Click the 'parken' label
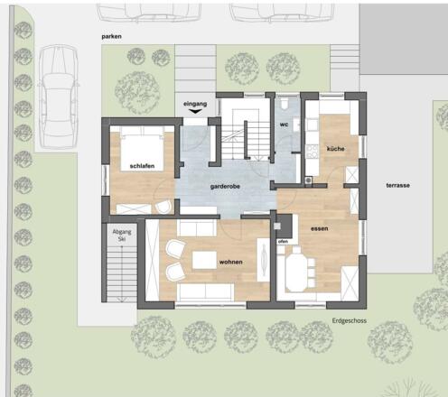[x=111, y=37]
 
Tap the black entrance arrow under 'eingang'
[x=195, y=111]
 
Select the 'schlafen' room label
[x=142, y=166]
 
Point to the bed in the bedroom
[x=142, y=149]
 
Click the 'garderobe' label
[x=225, y=187]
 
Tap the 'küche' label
[x=336, y=149]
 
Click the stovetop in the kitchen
[x=313, y=152]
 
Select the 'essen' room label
[x=320, y=229]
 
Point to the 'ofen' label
[x=283, y=242]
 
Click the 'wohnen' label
[x=231, y=263]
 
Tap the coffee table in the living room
[x=204, y=260]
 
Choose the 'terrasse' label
[x=398, y=186]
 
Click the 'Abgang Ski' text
[x=122, y=235]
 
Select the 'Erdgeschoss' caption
[x=350, y=321]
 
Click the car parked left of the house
[x=59, y=97]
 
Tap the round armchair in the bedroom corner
[x=163, y=207]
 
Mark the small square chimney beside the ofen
[x=277, y=226]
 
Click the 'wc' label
[x=284, y=125]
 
